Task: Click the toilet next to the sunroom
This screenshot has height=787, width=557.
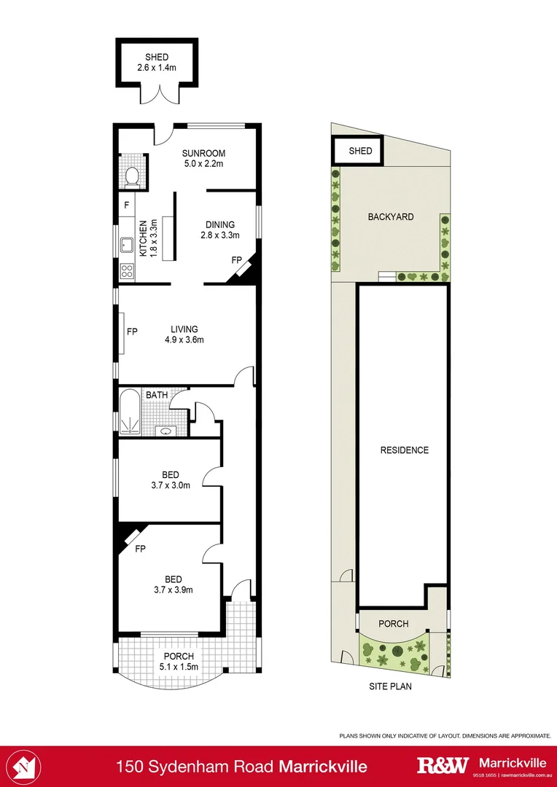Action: pos(133,176)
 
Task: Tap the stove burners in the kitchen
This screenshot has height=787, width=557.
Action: pos(127,271)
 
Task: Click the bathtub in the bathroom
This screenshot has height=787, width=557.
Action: pos(130,412)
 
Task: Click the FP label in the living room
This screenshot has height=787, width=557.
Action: pos(133,332)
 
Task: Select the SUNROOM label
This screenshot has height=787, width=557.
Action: pos(203,153)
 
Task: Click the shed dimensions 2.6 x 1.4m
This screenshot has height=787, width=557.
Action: pos(157,68)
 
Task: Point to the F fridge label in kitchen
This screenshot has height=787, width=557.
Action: pos(126,205)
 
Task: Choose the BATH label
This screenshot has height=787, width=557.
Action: pos(156,395)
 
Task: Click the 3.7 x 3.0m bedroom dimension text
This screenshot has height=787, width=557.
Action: pos(171,485)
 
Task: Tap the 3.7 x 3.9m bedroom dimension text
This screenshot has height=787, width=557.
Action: pos(173,590)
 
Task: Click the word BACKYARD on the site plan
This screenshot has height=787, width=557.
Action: pos(391,216)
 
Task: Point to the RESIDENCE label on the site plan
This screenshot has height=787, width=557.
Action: pos(404,450)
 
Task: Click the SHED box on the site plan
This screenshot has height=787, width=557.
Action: pos(360,151)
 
